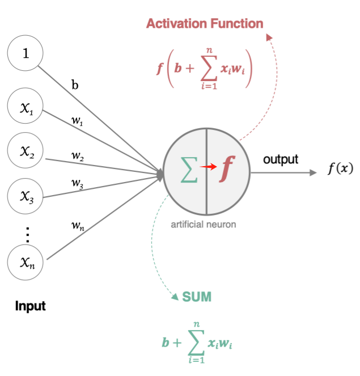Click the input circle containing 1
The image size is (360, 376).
pyautogui.click(x=25, y=54)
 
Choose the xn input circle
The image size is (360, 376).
pyautogui.click(x=25, y=261)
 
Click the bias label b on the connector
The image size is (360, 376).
pyautogui.click(x=75, y=86)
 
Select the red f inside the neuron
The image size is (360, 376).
pyautogui.click(x=228, y=167)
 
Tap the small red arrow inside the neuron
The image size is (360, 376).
pyautogui.click(x=208, y=167)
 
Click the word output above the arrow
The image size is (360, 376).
pyautogui.click(x=281, y=159)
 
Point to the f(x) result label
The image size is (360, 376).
pyautogui.click(x=340, y=169)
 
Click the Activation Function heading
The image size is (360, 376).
pyautogui.click(x=205, y=24)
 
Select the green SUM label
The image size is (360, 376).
pyautogui.click(x=197, y=297)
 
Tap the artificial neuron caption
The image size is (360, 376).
pyautogui.click(x=204, y=225)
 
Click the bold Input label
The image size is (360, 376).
pyautogui.click(x=30, y=307)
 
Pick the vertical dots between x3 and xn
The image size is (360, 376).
pyautogui.click(x=27, y=233)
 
